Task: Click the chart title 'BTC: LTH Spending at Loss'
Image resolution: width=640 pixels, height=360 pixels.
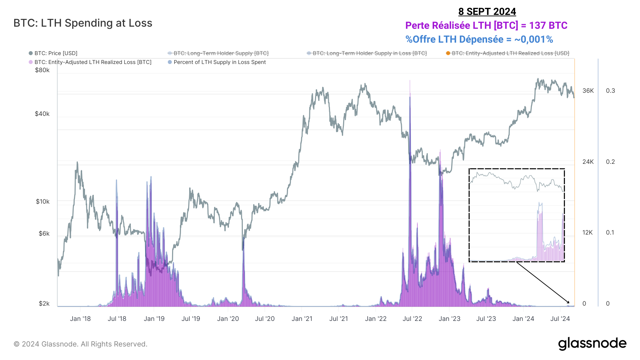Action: tap(83, 23)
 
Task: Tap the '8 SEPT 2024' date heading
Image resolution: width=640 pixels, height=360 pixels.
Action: tap(487, 12)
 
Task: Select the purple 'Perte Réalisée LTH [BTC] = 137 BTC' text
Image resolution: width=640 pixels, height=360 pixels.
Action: tap(486, 26)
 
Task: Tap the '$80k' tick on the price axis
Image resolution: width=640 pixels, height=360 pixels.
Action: tap(42, 70)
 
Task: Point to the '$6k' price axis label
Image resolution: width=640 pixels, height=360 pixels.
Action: tap(44, 233)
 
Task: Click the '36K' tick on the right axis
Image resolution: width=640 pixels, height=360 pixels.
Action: tap(588, 91)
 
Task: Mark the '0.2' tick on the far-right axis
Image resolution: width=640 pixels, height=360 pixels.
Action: tap(610, 162)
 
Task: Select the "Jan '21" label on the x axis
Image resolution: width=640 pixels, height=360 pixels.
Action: tap(302, 319)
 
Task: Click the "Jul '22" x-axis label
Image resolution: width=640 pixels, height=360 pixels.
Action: tap(412, 319)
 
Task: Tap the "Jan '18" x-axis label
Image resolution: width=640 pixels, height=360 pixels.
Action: tap(80, 319)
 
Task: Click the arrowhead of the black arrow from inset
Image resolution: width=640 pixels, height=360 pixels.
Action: tap(568, 303)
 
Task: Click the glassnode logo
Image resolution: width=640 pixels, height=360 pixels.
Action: tap(592, 344)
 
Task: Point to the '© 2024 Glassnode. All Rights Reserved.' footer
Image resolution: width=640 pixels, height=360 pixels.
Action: tap(80, 344)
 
